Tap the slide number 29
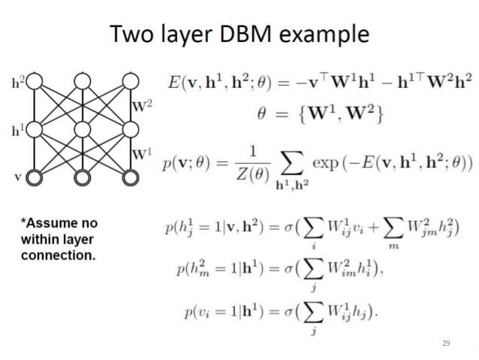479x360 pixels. (x=445, y=343)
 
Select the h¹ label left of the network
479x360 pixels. (x=17, y=129)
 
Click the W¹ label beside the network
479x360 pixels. (x=143, y=155)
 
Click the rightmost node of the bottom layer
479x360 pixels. (x=131, y=177)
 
